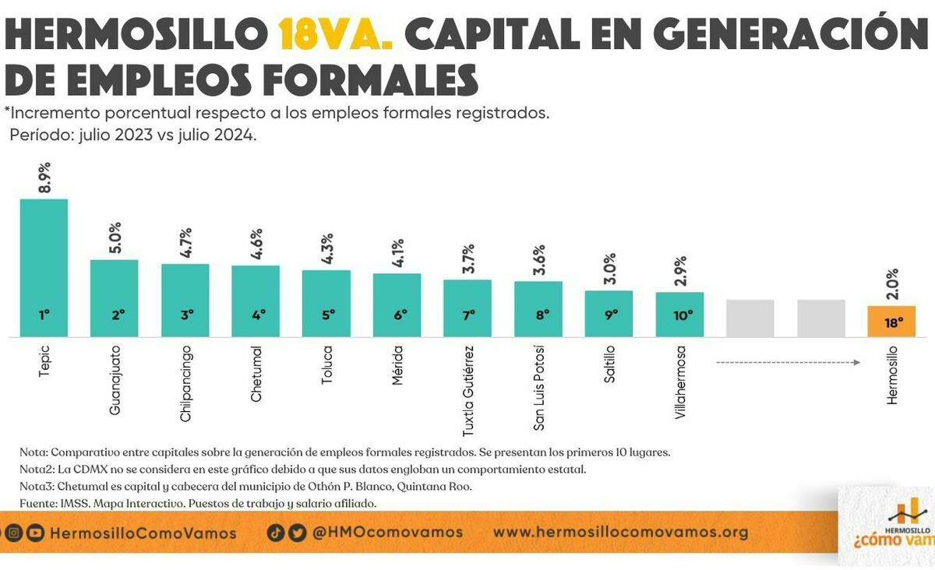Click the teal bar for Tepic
44,265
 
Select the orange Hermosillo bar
892,321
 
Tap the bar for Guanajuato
115,296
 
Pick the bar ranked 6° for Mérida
397,304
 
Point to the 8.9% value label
44,178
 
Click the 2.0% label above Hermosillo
892,285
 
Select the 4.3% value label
326,249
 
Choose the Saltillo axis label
609,366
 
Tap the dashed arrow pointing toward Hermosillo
787,362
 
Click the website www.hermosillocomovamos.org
620,533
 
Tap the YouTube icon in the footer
35,533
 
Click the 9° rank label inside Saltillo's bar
609,315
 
